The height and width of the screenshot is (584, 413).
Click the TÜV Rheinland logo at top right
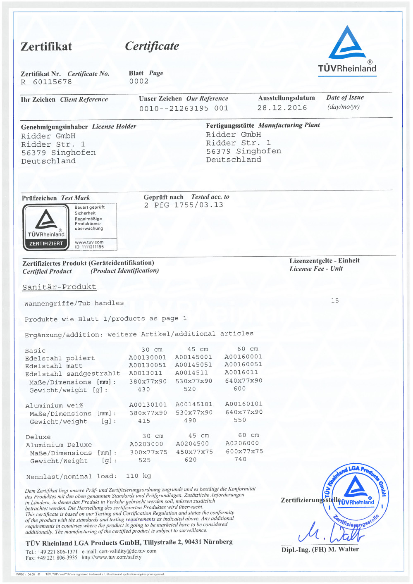347,50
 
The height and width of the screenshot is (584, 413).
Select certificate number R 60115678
47,82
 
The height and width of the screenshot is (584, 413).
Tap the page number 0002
139,81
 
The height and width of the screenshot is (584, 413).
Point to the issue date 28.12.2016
282,108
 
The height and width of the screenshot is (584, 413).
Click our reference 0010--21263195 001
184,108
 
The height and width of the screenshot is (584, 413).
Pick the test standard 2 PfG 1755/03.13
184,205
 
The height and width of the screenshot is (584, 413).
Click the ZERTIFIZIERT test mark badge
46,228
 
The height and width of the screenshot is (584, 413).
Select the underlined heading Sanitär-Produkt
59,287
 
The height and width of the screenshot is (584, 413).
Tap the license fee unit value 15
335,300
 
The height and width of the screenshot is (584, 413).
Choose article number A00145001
193,357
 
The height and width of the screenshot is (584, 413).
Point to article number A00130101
148,405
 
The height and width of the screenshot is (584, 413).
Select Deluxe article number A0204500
192,444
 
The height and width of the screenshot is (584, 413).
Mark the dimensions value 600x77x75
244,451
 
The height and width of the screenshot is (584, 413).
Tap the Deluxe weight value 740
240,459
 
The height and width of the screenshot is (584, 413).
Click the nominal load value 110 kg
138,476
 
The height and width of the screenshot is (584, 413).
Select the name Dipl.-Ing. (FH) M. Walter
320,549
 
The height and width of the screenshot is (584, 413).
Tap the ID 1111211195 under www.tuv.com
89,247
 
